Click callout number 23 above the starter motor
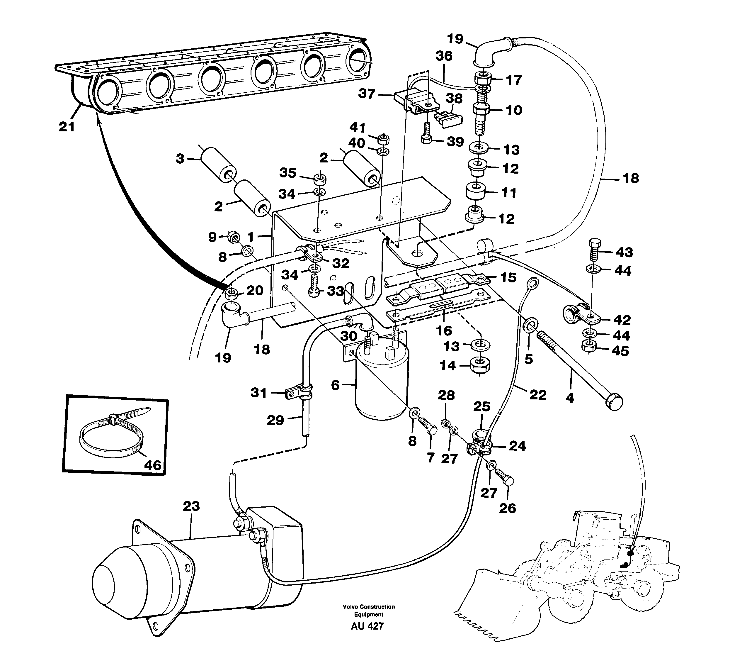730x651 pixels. coord(191,506)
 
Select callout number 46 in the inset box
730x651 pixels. coord(153,465)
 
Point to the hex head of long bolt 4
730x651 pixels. coord(614,402)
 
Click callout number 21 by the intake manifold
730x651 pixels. coord(67,127)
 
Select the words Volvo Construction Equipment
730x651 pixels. coord(369,611)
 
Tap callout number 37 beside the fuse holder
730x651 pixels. coord(367,94)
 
